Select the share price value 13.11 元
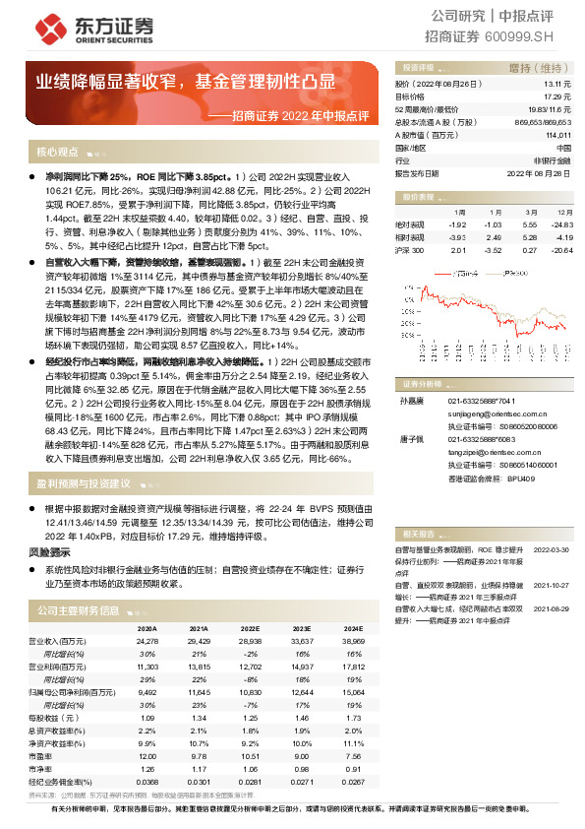(x=557, y=86)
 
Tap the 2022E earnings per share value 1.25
(x=251, y=717)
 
